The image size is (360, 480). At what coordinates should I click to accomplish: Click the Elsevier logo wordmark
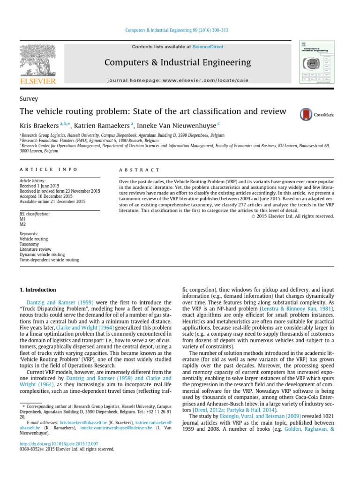[x=38, y=81]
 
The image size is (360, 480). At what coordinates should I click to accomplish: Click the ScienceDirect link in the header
[x=208, y=47]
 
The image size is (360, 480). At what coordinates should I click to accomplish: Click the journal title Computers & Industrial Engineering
[x=178, y=62]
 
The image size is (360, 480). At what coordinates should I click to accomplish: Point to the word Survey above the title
[x=29, y=99]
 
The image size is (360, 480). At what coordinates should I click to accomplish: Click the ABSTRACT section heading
[x=140, y=170]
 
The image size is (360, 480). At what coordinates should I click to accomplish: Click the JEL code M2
[x=22, y=225]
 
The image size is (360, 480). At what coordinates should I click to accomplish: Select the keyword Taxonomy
[x=29, y=244]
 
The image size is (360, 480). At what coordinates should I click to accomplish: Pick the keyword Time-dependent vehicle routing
[x=49, y=260]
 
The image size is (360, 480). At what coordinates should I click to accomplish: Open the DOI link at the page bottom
[x=59, y=443]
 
